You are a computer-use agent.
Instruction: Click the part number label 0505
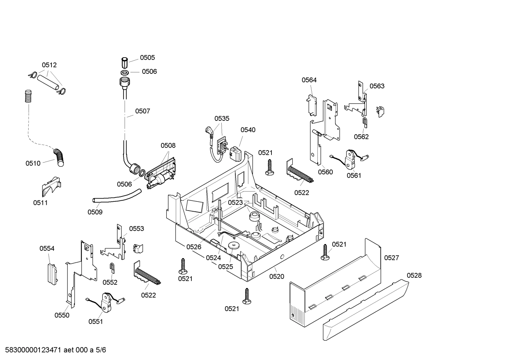147,58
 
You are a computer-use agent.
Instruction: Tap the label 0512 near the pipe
49,65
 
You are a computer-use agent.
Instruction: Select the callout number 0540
248,130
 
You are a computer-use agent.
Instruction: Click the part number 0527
391,258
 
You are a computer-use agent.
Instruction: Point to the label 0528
414,275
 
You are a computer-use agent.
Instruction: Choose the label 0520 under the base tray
276,277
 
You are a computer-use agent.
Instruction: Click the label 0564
309,80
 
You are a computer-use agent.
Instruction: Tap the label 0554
47,248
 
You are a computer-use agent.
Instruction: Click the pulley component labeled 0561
351,159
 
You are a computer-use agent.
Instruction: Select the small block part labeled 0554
52,273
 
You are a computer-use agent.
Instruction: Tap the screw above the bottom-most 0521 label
247,296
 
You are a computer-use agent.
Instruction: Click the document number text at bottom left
53,350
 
